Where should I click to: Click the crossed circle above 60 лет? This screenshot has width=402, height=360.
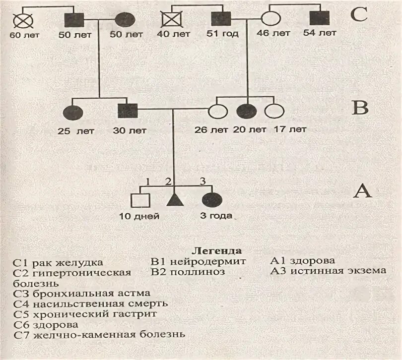(21, 20)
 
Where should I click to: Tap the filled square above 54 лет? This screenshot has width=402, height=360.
(318, 20)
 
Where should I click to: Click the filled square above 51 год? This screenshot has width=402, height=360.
(219, 20)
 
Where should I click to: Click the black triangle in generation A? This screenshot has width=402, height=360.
(173, 199)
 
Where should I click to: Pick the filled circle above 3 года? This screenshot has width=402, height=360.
(211, 199)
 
